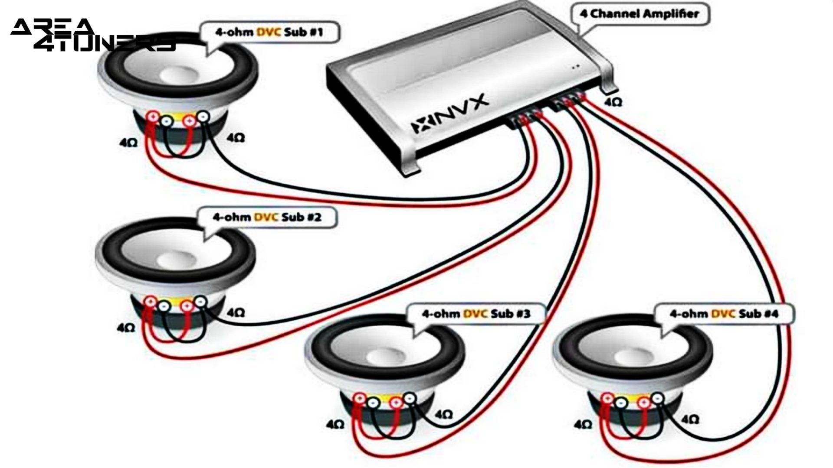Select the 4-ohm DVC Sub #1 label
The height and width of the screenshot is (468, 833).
pyautogui.click(x=269, y=32)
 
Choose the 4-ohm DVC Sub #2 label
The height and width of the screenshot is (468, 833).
pyautogui.click(x=267, y=217)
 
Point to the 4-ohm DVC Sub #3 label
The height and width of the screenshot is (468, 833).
pyautogui.click(x=476, y=313)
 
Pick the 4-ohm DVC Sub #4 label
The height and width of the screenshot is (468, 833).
pyautogui.click(x=724, y=313)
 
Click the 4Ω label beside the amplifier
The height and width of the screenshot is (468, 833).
pyautogui.click(x=613, y=102)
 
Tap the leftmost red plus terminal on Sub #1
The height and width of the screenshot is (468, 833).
pyautogui.click(x=153, y=116)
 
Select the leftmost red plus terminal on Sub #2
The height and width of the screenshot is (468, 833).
pyautogui.click(x=150, y=302)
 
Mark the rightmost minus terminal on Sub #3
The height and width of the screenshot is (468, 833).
pyautogui.click(x=410, y=398)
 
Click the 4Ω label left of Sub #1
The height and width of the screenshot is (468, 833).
pyautogui.click(x=128, y=143)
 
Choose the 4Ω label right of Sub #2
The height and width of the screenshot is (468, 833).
pyautogui.click(x=236, y=312)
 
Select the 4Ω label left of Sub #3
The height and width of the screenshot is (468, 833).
pyautogui.click(x=335, y=424)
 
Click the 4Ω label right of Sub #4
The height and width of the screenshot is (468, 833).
pyautogui.click(x=690, y=419)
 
